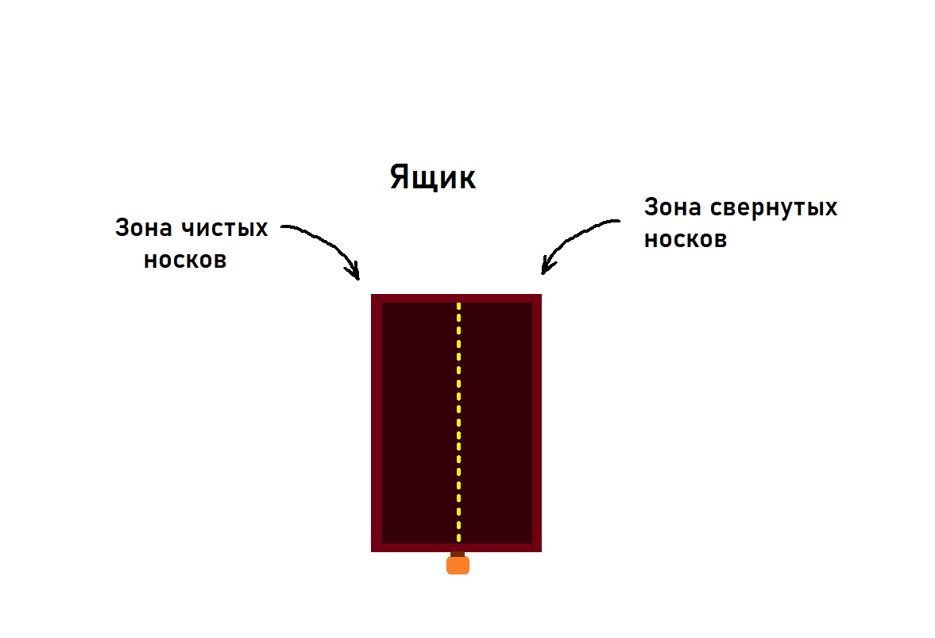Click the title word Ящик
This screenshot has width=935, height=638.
click(x=433, y=177)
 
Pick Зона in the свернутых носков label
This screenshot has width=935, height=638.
click(x=672, y=208)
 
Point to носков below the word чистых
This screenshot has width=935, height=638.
click(x=185, y=260)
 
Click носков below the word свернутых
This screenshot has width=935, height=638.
click(x=685, y=239)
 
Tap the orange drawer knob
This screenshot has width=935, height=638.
click(x=458, y=565)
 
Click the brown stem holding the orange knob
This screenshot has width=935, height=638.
click(x=458, y=554)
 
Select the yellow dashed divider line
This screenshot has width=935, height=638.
click(x=458, y=421)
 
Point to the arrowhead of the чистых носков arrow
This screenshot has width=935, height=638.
click(x=356, y=273)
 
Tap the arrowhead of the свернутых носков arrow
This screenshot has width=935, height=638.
click(x=546, y=268)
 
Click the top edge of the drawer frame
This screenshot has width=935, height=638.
click(x=456, y=298)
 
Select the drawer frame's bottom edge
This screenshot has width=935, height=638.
click(x=413, y=547)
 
